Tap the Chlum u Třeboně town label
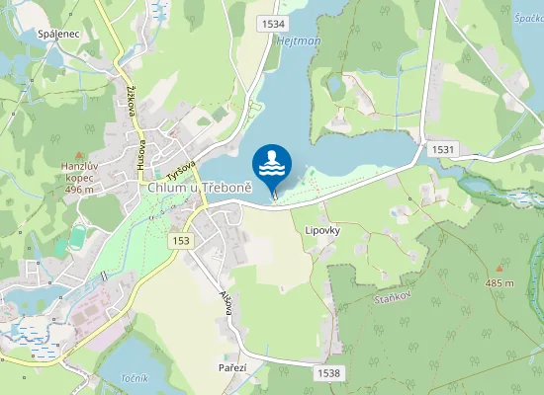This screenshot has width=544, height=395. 200,187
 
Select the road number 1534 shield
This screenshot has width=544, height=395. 274,23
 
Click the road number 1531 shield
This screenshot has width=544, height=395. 442,148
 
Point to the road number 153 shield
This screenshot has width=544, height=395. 180,241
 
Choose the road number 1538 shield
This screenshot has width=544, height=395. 329,372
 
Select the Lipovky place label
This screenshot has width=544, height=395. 323,230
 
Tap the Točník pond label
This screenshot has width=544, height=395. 134,378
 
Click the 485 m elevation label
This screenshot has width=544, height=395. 500,283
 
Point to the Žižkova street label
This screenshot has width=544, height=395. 131,97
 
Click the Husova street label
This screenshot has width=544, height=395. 141,144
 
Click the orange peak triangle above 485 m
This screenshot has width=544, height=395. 500,268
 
